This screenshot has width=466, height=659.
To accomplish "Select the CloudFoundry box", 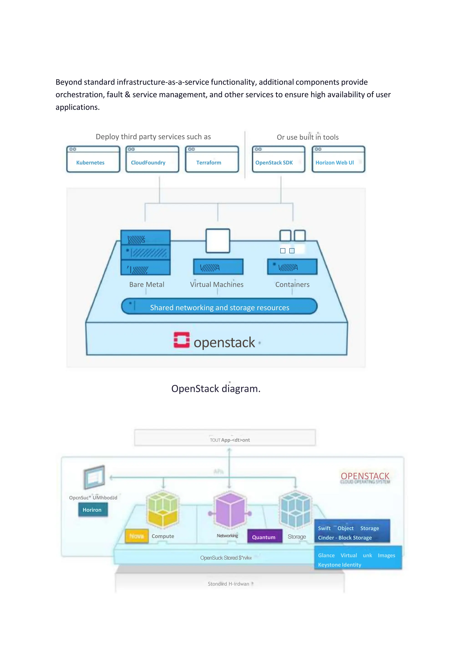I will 152,160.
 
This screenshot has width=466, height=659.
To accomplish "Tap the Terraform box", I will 212,160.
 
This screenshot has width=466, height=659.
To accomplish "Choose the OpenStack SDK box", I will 278,160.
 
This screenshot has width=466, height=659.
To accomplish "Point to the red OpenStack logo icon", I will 181,340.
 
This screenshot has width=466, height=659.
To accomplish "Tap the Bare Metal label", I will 147,285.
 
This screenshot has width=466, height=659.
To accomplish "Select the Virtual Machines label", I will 217,285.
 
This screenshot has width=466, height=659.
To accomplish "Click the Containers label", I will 292,285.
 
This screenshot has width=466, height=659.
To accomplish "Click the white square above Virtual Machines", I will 218,241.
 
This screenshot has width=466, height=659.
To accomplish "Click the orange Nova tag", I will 137,536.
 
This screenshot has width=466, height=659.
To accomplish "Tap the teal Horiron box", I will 92,510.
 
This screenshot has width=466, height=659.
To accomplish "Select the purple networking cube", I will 230,510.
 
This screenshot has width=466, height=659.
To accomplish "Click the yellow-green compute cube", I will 163,509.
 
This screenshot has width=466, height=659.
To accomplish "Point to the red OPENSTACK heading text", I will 365,476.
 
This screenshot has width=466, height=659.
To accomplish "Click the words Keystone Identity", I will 339,565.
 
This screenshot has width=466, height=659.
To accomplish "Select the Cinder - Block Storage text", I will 345,538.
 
